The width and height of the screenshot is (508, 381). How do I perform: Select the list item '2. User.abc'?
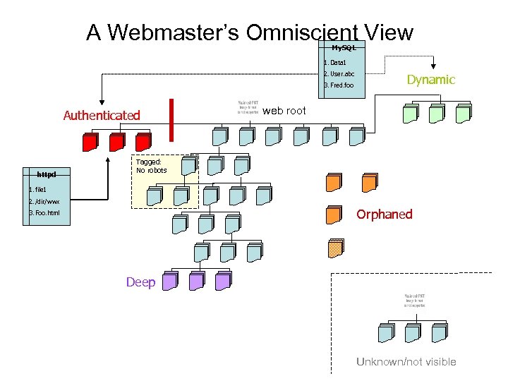pyautogui.click(x=339, y=73)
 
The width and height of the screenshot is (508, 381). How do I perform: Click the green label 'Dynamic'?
pyautogui.click(x=431, y=80)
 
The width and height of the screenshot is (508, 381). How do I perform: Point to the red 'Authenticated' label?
pyautogui.click(x=102, y=115)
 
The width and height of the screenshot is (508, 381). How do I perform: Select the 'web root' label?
pyautogui.click(x=284, y=111)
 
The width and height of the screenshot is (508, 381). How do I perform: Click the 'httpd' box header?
pyautogui.click(x=46, y=174)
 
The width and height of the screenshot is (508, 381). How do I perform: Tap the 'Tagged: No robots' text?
pyautogui.click(x=152, y=166)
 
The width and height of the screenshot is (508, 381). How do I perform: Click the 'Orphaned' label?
pyautogui.click(x=384, y=214)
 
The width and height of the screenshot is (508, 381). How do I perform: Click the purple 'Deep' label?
pyautogui.click(x=140, y=282)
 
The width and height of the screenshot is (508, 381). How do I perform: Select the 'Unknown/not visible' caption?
pyautogui.click(x=406, y=362)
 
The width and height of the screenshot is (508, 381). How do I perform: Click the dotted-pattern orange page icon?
pyautogui.click(x=334, y=248)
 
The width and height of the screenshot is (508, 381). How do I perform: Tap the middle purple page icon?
pyautogui.click(x=196, y=282)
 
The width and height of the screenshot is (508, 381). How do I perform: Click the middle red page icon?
pyautogui.click(x=117, y=142)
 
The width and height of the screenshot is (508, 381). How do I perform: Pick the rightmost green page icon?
pyautogui.click(x=462, y=113)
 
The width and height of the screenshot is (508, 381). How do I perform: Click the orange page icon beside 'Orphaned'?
pyautogui.click(x=334, y=214)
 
